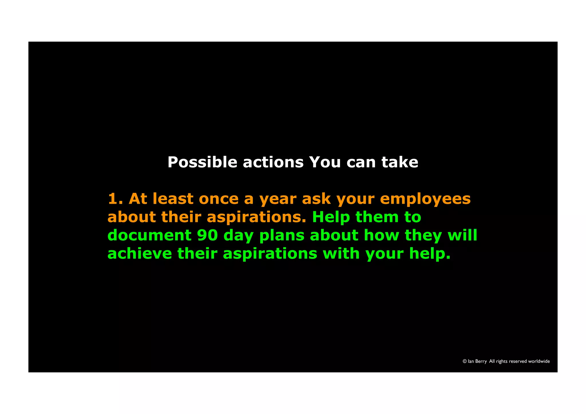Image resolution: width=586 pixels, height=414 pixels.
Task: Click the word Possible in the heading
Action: pyautogui.click(x=202, y=163)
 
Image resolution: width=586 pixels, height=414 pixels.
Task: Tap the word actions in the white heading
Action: pyautogui.click(x=273, y=163)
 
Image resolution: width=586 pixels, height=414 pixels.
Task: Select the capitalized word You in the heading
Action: pyautogui.click(x=325, y=163)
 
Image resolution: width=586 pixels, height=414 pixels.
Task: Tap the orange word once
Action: pyautogui.click(x=219, y=199)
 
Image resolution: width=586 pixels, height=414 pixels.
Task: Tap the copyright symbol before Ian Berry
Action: pyautogui.click(x=465, y=361)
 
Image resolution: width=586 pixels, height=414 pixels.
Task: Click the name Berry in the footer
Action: pyautogui.click(x=481, y=362)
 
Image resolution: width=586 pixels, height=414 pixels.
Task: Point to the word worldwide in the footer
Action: pyautogui.click(x=539, y=361)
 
